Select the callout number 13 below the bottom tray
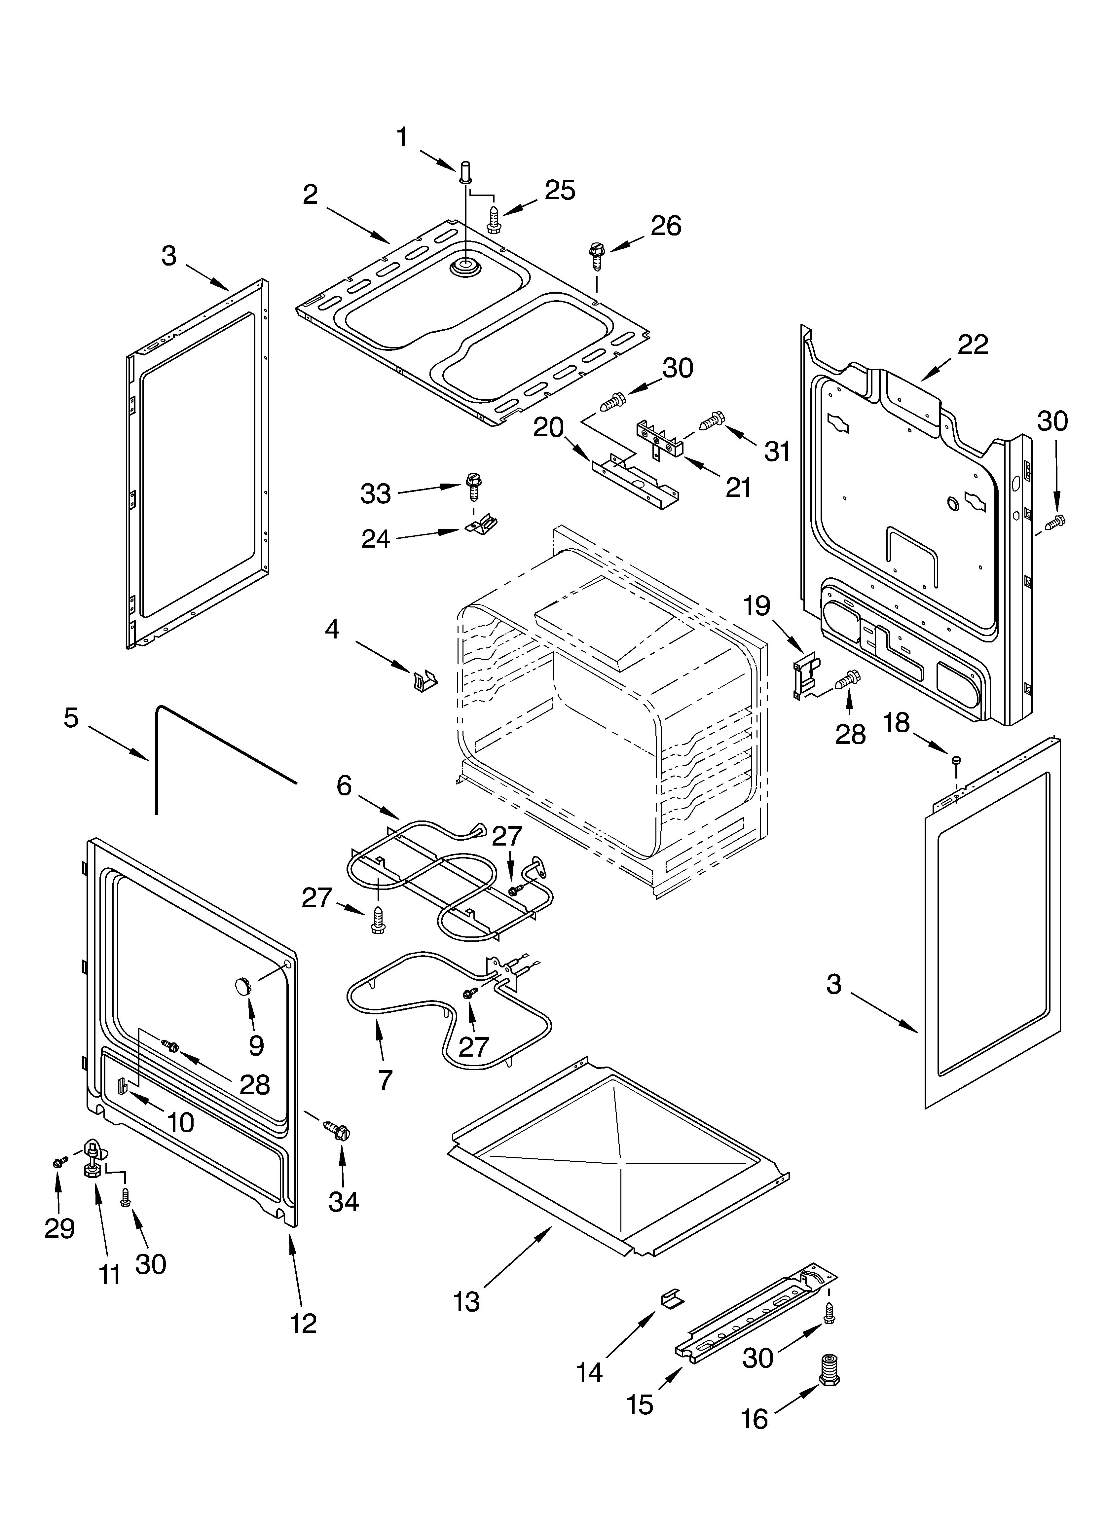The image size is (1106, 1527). coord(467,1301)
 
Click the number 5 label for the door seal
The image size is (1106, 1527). coord(71,718)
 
